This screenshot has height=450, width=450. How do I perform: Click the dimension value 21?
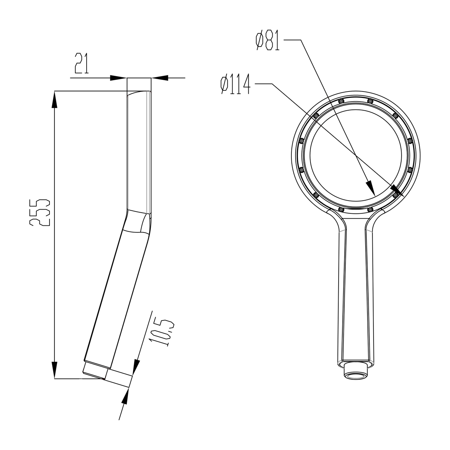point(81,63)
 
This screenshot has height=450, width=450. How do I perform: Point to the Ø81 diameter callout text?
point(267,41)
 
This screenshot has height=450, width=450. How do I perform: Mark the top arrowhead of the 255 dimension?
point(55,99)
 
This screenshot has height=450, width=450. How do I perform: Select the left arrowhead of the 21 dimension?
point(118,78)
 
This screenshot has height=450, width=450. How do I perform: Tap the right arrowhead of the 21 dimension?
point(160,78)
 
